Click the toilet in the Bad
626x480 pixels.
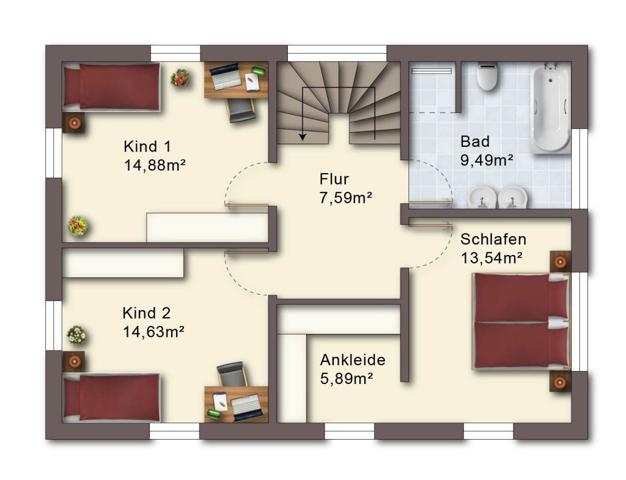[x=487, y=76]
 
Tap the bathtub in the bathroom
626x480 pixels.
[x=550, y=109]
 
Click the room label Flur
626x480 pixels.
[x=334, y=179]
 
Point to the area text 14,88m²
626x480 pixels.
[x=155, y=165]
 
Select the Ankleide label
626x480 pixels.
[x=353, y=360]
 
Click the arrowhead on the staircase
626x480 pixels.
[x=303, y=136]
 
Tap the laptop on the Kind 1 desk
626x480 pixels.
[x=226, y=76]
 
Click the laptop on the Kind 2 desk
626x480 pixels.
[x=247, y=407]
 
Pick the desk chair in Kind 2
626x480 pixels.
[x=231, y=374]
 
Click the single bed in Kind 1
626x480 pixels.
[x=112, y=86]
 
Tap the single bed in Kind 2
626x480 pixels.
[x=112, y=397]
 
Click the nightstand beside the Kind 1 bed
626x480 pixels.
[x=74, y=122]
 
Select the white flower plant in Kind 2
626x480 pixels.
[x=76, y=334]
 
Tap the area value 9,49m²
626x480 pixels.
[x=487, y=160]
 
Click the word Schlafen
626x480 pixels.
[x=493, y=239]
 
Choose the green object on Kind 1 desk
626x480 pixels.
[x=259, y=71]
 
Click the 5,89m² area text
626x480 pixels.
[x=347, y=378]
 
